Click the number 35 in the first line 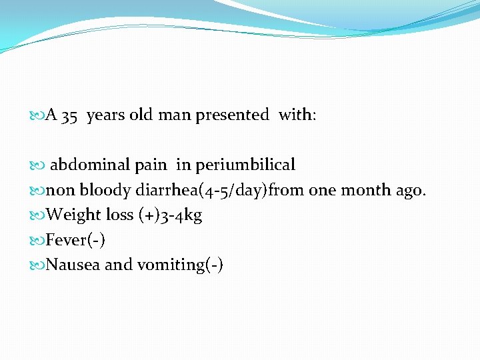coord(69,115)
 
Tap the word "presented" coord(232,115)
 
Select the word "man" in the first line coord(174,115)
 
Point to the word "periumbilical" coord(245,165)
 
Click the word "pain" coord(155,165)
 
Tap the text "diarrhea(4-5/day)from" coord(219,190)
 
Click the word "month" coord(365,190)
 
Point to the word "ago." coord(411,191)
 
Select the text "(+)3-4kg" coord(170,215)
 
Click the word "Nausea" coord(73,265)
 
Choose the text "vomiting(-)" coord(180,265)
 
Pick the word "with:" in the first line coord(297,115)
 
